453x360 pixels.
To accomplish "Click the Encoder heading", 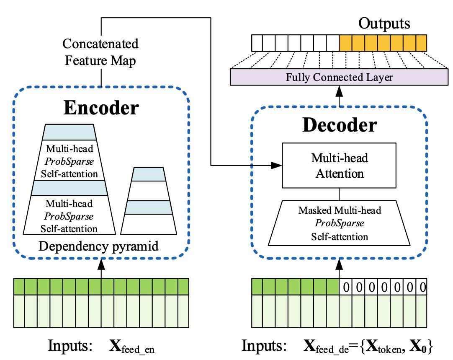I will [101, 108].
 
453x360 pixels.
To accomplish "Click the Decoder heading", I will [340, 125].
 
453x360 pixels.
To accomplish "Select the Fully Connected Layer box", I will [339, 78].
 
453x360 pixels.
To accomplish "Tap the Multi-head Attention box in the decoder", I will [339, 166].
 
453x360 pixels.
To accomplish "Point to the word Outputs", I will [384, 24].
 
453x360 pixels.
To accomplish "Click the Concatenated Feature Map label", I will [100, 52].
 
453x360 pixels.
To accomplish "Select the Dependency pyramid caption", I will [99, 246].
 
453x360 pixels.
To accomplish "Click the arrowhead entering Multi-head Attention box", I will [278, 165].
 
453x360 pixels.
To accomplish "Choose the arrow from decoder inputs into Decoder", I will [339, 268].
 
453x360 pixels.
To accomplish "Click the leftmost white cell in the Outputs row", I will [257, 43].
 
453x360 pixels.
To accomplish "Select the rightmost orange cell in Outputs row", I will [420, 43].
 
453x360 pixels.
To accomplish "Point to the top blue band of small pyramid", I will [148, 174].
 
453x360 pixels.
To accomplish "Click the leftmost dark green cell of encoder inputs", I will [19, 287].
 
